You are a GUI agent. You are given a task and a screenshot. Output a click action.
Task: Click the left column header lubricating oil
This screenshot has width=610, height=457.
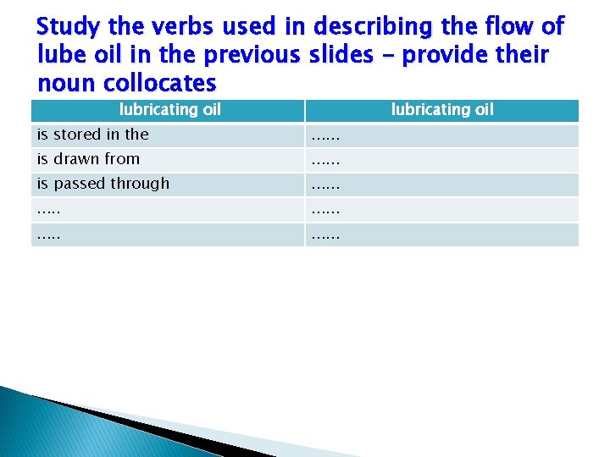[x=169, y=109]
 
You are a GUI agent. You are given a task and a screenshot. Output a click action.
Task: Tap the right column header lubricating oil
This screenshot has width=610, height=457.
[x=442, y=109]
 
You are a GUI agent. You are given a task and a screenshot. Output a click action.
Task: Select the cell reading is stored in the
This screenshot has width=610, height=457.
[x=92, y=135]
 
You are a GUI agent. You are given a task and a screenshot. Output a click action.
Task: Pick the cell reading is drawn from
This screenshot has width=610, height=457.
[x=88, y=159]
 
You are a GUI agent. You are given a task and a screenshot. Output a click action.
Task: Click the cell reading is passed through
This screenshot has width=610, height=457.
[x=103, y=184]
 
